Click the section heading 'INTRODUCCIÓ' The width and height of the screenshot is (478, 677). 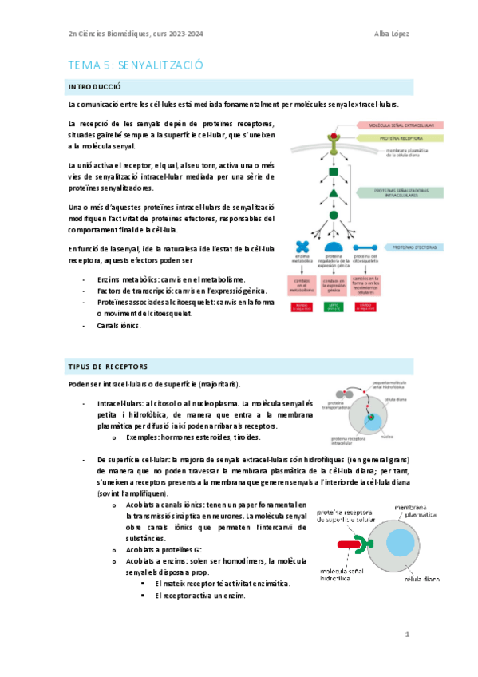point(94,86)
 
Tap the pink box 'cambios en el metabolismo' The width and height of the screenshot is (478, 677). point(301,285)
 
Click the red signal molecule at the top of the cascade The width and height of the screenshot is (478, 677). point(321,126)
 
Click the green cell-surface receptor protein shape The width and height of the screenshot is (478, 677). point(366,544)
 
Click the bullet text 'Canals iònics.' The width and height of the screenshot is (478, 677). point(118,326)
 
